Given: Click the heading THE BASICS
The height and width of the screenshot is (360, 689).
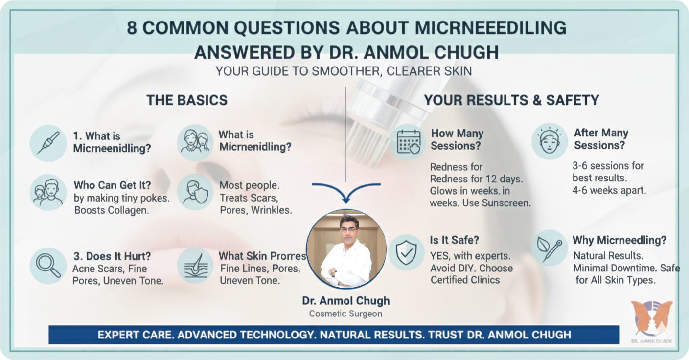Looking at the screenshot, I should [186, 100].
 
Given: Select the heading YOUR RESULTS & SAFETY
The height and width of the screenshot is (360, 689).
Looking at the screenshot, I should [511, 100].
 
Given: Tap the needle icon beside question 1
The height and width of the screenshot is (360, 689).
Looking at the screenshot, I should [48, 142].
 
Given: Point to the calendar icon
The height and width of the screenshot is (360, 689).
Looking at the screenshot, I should [409, 142].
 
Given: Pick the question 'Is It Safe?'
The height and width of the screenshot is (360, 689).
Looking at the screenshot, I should [454, 240].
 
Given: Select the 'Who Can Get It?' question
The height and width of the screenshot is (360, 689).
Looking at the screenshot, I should [112, 185].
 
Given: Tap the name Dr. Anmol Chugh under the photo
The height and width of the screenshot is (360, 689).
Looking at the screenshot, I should [345, 301].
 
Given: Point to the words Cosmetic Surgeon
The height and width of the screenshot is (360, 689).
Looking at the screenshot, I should [345, 314].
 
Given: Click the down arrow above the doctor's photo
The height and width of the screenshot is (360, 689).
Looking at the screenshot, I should [345, 194].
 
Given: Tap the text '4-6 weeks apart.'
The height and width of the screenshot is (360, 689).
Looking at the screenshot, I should [609, 190].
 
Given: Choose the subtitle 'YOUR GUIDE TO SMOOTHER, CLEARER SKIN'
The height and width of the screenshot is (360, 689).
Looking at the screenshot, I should [344, 71].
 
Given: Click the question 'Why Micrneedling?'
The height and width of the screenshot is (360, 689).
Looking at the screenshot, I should [619, 241].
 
